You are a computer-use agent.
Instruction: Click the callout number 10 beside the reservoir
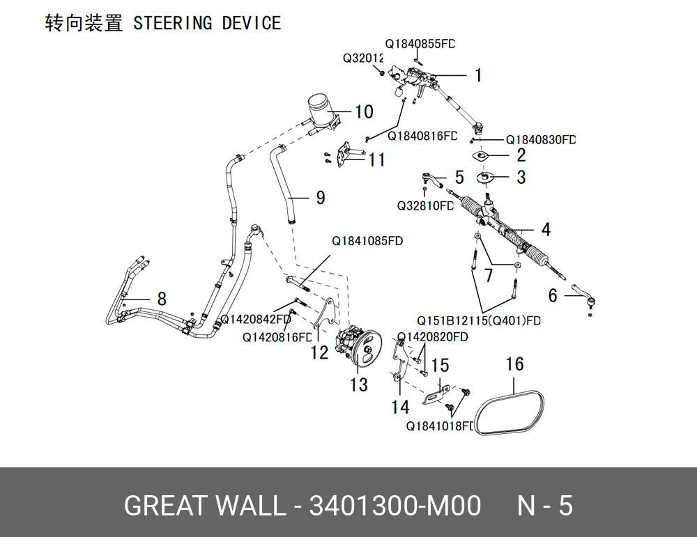point(364,111)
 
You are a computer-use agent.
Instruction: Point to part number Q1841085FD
point(367,241)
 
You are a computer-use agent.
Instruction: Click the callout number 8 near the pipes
point(162,299)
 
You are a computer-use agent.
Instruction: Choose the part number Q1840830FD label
point(541,139)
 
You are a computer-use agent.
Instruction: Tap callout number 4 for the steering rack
point(546,230)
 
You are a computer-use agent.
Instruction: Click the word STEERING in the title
point(172,23)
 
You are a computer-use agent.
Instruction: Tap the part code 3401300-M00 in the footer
point(395,506)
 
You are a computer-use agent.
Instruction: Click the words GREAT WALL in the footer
point(204,506)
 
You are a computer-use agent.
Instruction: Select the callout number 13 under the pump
point(359,384)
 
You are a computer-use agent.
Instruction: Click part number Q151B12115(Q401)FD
point(479,320)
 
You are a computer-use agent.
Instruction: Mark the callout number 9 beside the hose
point(321,198)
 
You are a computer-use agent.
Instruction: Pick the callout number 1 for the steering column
point(478,75)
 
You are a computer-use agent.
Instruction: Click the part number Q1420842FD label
point(256,320)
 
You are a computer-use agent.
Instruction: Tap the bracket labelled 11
point(346,155)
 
